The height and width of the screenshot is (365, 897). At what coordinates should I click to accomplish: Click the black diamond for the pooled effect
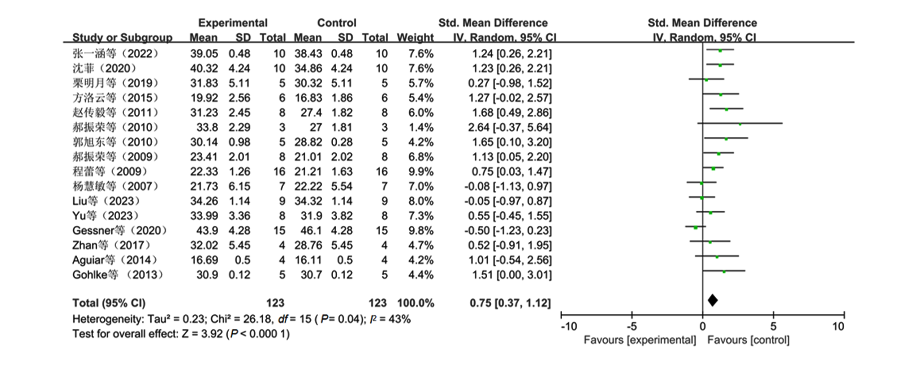[x=713, y=300]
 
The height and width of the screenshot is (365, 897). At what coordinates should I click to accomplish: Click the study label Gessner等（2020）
[x=119, y=230]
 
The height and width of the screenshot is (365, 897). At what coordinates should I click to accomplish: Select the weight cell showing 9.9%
[x=421, y=172]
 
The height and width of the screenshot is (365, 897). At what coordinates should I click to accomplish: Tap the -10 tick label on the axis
[x=569, y=326]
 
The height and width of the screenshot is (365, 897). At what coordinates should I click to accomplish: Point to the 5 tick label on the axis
[x=773, y=326]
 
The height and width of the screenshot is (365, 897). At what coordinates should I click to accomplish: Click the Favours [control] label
[x=748, y=340]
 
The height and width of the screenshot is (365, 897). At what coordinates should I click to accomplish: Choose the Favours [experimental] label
[x=640, y=340]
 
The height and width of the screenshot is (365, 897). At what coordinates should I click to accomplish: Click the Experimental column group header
[x=233, y=23]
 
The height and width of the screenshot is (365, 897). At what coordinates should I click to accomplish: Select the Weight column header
[x=416, y=38]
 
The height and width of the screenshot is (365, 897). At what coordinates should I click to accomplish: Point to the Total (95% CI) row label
[x=109, y=303]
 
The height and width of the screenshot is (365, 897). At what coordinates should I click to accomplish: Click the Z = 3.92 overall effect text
[x=202, y=334]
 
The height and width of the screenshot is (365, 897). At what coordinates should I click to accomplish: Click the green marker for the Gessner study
[x=695, y=227]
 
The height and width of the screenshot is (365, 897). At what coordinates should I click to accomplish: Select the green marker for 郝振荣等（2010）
[x=740, y=124]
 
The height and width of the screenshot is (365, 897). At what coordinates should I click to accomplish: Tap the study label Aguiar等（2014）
[x=114, y=260]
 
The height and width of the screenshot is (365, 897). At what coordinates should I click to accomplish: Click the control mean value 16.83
[x=308, y=98]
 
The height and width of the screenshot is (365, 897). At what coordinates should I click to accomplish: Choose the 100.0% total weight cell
[x=416, y=303]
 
